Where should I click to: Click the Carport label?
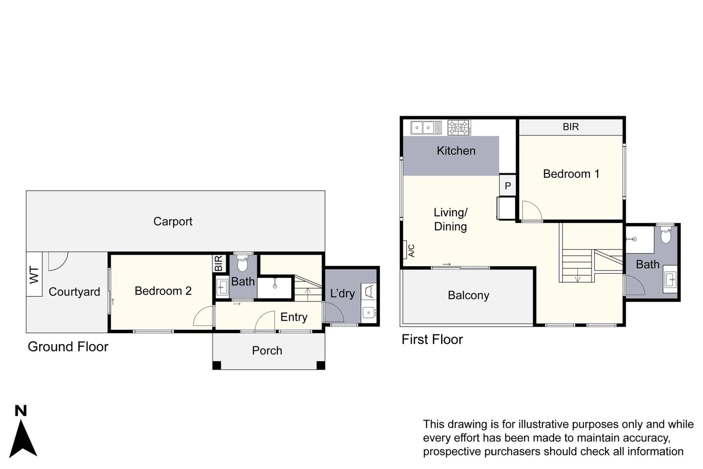point(173,221)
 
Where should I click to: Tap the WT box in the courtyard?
point(34,274)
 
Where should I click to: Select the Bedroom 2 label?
point(163,291)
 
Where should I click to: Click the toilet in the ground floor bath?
point(242,263)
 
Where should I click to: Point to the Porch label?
point(267,350)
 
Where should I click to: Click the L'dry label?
point(342,294)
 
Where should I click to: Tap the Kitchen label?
point(456,151)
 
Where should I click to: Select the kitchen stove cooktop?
point(459,128)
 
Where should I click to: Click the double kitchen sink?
point(423,128)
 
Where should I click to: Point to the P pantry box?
point(508,186)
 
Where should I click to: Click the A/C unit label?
point(411,251)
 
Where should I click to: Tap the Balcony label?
point(468,295)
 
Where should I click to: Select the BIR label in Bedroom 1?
point(571,127)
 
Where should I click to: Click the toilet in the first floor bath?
point(665,236)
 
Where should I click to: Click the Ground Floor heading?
point(68,347)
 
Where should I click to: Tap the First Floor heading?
point(432,339)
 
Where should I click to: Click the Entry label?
point(294,317)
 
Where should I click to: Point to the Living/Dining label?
point(450,219)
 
